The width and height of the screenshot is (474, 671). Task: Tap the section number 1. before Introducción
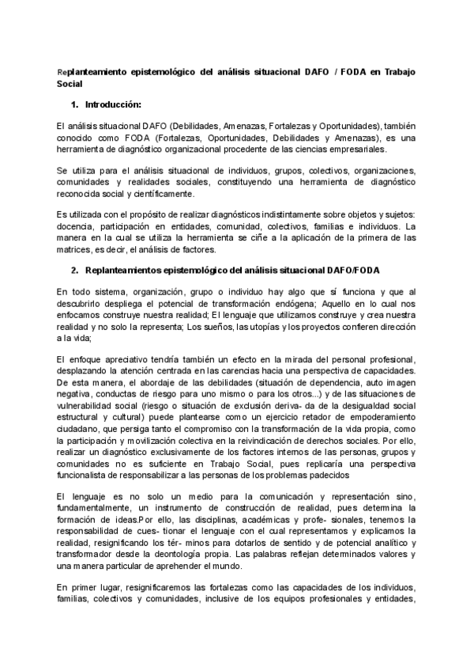click(x=75, y=104)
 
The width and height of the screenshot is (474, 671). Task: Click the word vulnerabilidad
click(x=88, y=405)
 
